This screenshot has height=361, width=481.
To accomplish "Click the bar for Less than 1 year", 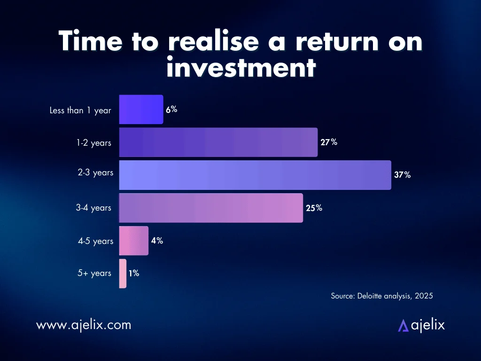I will (141, 110).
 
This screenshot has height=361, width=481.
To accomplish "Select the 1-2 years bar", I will (218, 142).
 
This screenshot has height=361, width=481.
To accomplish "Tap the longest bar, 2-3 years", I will (255, 175).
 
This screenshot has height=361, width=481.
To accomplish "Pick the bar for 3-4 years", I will (210, 208).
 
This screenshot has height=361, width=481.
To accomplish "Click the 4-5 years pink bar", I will (133, 241).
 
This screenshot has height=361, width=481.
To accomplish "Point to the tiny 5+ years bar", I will (123, 274).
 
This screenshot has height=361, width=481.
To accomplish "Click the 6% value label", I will (171, 110).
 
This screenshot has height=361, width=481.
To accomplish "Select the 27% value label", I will (329, 142).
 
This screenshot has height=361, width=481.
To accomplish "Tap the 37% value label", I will (402, 175).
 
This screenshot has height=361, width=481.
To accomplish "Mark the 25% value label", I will (314, 208).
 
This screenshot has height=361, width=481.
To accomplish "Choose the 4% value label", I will (157, 241).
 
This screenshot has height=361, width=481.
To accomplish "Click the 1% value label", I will (134, 274).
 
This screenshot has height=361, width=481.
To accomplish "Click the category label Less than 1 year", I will (80, 111).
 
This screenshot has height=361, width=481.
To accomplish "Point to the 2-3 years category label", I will (95, 173).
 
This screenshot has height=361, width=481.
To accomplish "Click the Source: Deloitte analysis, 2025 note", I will (381, 296).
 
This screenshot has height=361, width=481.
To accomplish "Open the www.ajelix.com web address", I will (84, 325).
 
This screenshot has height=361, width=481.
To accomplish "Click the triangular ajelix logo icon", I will (403, 325).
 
